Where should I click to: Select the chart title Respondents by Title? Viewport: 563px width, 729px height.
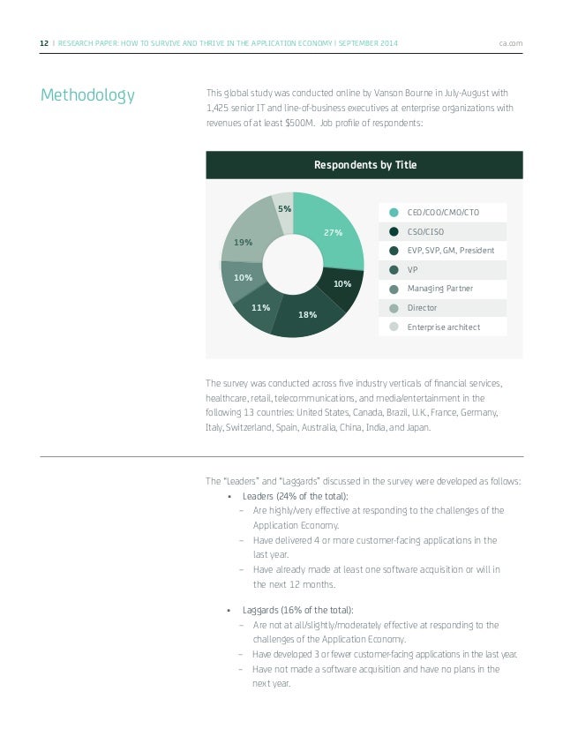(364, 165)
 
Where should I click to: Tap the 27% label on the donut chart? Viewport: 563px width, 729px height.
(333, 233)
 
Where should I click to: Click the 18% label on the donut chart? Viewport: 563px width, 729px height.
(308, 314)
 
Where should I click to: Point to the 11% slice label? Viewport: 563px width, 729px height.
(260, 308)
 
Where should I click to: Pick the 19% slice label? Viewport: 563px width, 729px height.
(244, 241)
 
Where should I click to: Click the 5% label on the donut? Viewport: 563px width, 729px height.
(284, 209)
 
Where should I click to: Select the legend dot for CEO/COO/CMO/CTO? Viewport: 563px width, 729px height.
(394, 212)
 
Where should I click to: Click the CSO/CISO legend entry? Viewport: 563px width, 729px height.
(425, 231)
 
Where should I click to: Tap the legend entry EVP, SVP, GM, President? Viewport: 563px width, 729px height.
(450, 250)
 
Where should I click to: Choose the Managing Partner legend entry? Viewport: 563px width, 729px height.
(440, 289)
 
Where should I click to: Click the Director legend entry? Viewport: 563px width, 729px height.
(421, 308)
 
